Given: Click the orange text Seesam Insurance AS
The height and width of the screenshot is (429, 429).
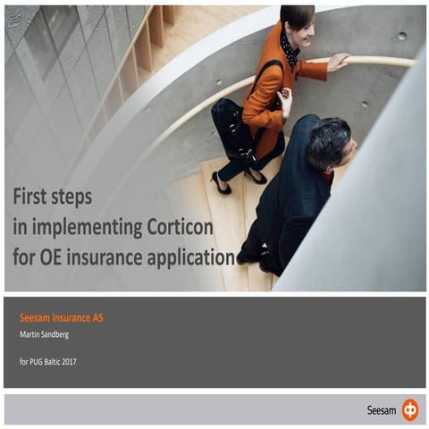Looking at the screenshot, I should click(x=61, y=317).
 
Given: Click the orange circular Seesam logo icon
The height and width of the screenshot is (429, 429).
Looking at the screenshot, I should click(x=409, y=410).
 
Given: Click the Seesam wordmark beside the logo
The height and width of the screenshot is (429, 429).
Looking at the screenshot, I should click(x=382, y=410).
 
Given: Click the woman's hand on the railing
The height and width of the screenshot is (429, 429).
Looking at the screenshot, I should click(x=338, y=62).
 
